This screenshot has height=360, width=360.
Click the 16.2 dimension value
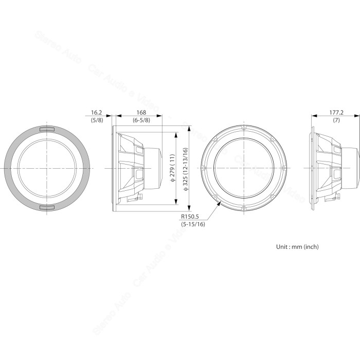[97, 112]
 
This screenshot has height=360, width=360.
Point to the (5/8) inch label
[97, 120]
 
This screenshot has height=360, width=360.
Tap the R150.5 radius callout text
[190, 217]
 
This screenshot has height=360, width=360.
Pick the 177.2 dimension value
[336, 112]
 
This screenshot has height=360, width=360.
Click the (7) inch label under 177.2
[336, 120]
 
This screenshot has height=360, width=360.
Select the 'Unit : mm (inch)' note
[297, 247]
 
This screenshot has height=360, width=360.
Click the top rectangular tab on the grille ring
[47, 129]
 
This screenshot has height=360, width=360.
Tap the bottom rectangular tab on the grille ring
[47, 207]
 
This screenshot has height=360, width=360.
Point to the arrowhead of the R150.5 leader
[221, 203]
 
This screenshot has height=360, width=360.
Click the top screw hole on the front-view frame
[244, 126]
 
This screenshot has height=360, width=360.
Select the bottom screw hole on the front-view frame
[244, 210]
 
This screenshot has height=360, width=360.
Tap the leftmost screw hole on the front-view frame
[205, 168]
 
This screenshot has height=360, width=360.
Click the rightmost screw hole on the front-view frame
[283, 168]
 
